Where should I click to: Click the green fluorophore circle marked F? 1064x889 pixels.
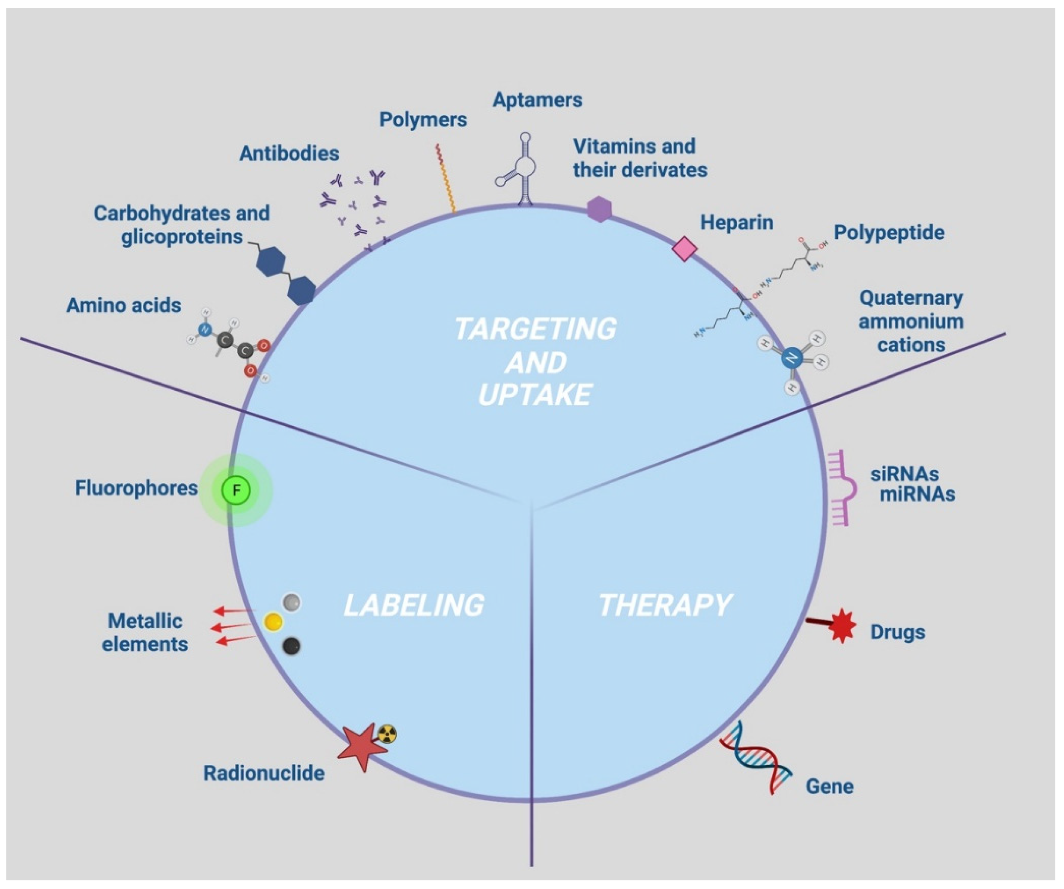[236, 490]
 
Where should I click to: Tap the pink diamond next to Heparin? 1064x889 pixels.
[684, 249]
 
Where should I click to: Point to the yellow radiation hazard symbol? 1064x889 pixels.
[387, 733]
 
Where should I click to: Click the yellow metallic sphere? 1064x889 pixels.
[273, 622]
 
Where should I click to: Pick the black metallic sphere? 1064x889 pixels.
[291, 646]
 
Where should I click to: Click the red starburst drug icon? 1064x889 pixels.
[842, 626]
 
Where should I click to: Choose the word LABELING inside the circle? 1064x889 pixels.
[413, 606]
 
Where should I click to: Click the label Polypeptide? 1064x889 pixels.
[889, 233]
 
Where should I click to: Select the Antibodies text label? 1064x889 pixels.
[289, 153]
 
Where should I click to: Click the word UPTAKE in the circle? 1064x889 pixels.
[535, 395]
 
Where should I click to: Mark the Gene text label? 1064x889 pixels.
[830, 786]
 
